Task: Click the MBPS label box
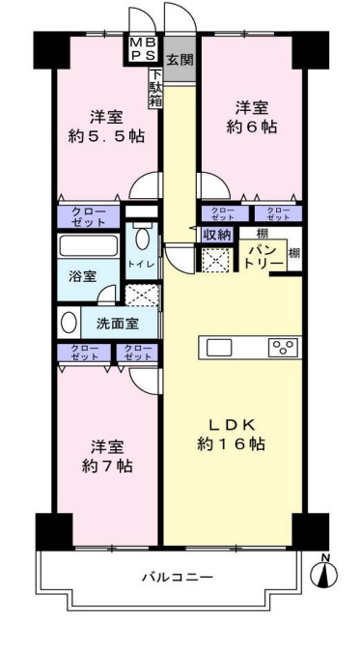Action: click(x=141, y=49)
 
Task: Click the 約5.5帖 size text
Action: click(x=108, y=136)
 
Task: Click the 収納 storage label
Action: click(x=215, y=234)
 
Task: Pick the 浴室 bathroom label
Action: click(x=80, y=276)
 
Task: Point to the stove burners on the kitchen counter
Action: click(x=284, y=348)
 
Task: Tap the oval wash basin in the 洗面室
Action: click(x=69, y=322)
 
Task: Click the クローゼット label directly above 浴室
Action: click(x=88, y=216)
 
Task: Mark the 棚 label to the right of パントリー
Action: click(x=294, y=253)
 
